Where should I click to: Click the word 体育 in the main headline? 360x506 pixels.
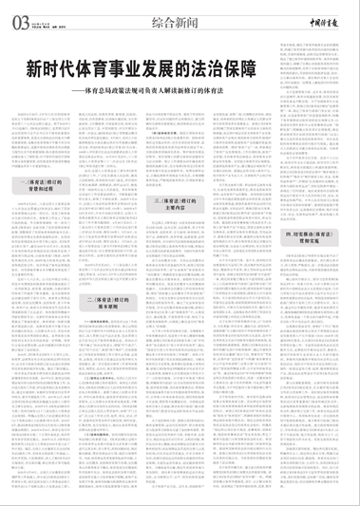pyautogui.click(x=102, y=70)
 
